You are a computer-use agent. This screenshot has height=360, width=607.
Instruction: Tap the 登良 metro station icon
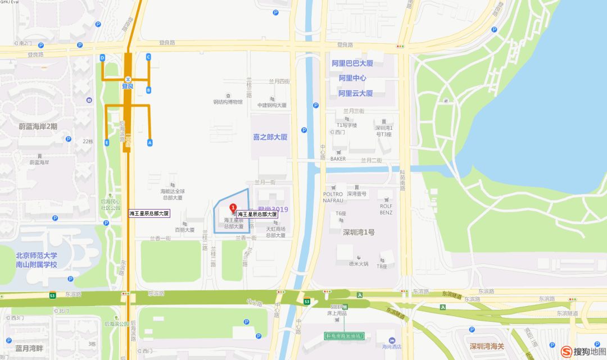click(128, 79)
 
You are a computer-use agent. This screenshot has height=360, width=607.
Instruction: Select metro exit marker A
click(150, 142)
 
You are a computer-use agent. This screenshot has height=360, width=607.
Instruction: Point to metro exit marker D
click(102, 58)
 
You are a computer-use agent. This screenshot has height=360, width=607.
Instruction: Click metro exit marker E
click(107, 143)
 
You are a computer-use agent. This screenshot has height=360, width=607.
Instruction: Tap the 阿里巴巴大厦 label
click(352, 63)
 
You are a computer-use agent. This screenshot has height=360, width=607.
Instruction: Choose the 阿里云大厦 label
click(356, 93)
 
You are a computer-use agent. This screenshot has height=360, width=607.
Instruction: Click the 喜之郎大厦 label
click(270, 136)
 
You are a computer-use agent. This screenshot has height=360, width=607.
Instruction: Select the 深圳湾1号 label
click(359, 233)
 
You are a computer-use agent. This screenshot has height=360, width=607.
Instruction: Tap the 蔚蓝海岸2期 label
click(38, 126)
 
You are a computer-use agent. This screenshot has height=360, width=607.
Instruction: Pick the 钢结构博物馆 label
click(228, 102)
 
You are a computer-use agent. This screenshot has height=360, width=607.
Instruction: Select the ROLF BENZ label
click(386, 209)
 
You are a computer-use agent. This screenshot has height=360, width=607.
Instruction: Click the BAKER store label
click(338, 158)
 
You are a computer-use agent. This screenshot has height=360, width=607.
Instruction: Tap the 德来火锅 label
click(358, 263)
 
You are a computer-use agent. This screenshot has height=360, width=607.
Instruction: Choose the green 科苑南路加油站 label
click(345, 336)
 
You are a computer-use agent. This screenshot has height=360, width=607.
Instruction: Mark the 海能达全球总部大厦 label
click(173, 194)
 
